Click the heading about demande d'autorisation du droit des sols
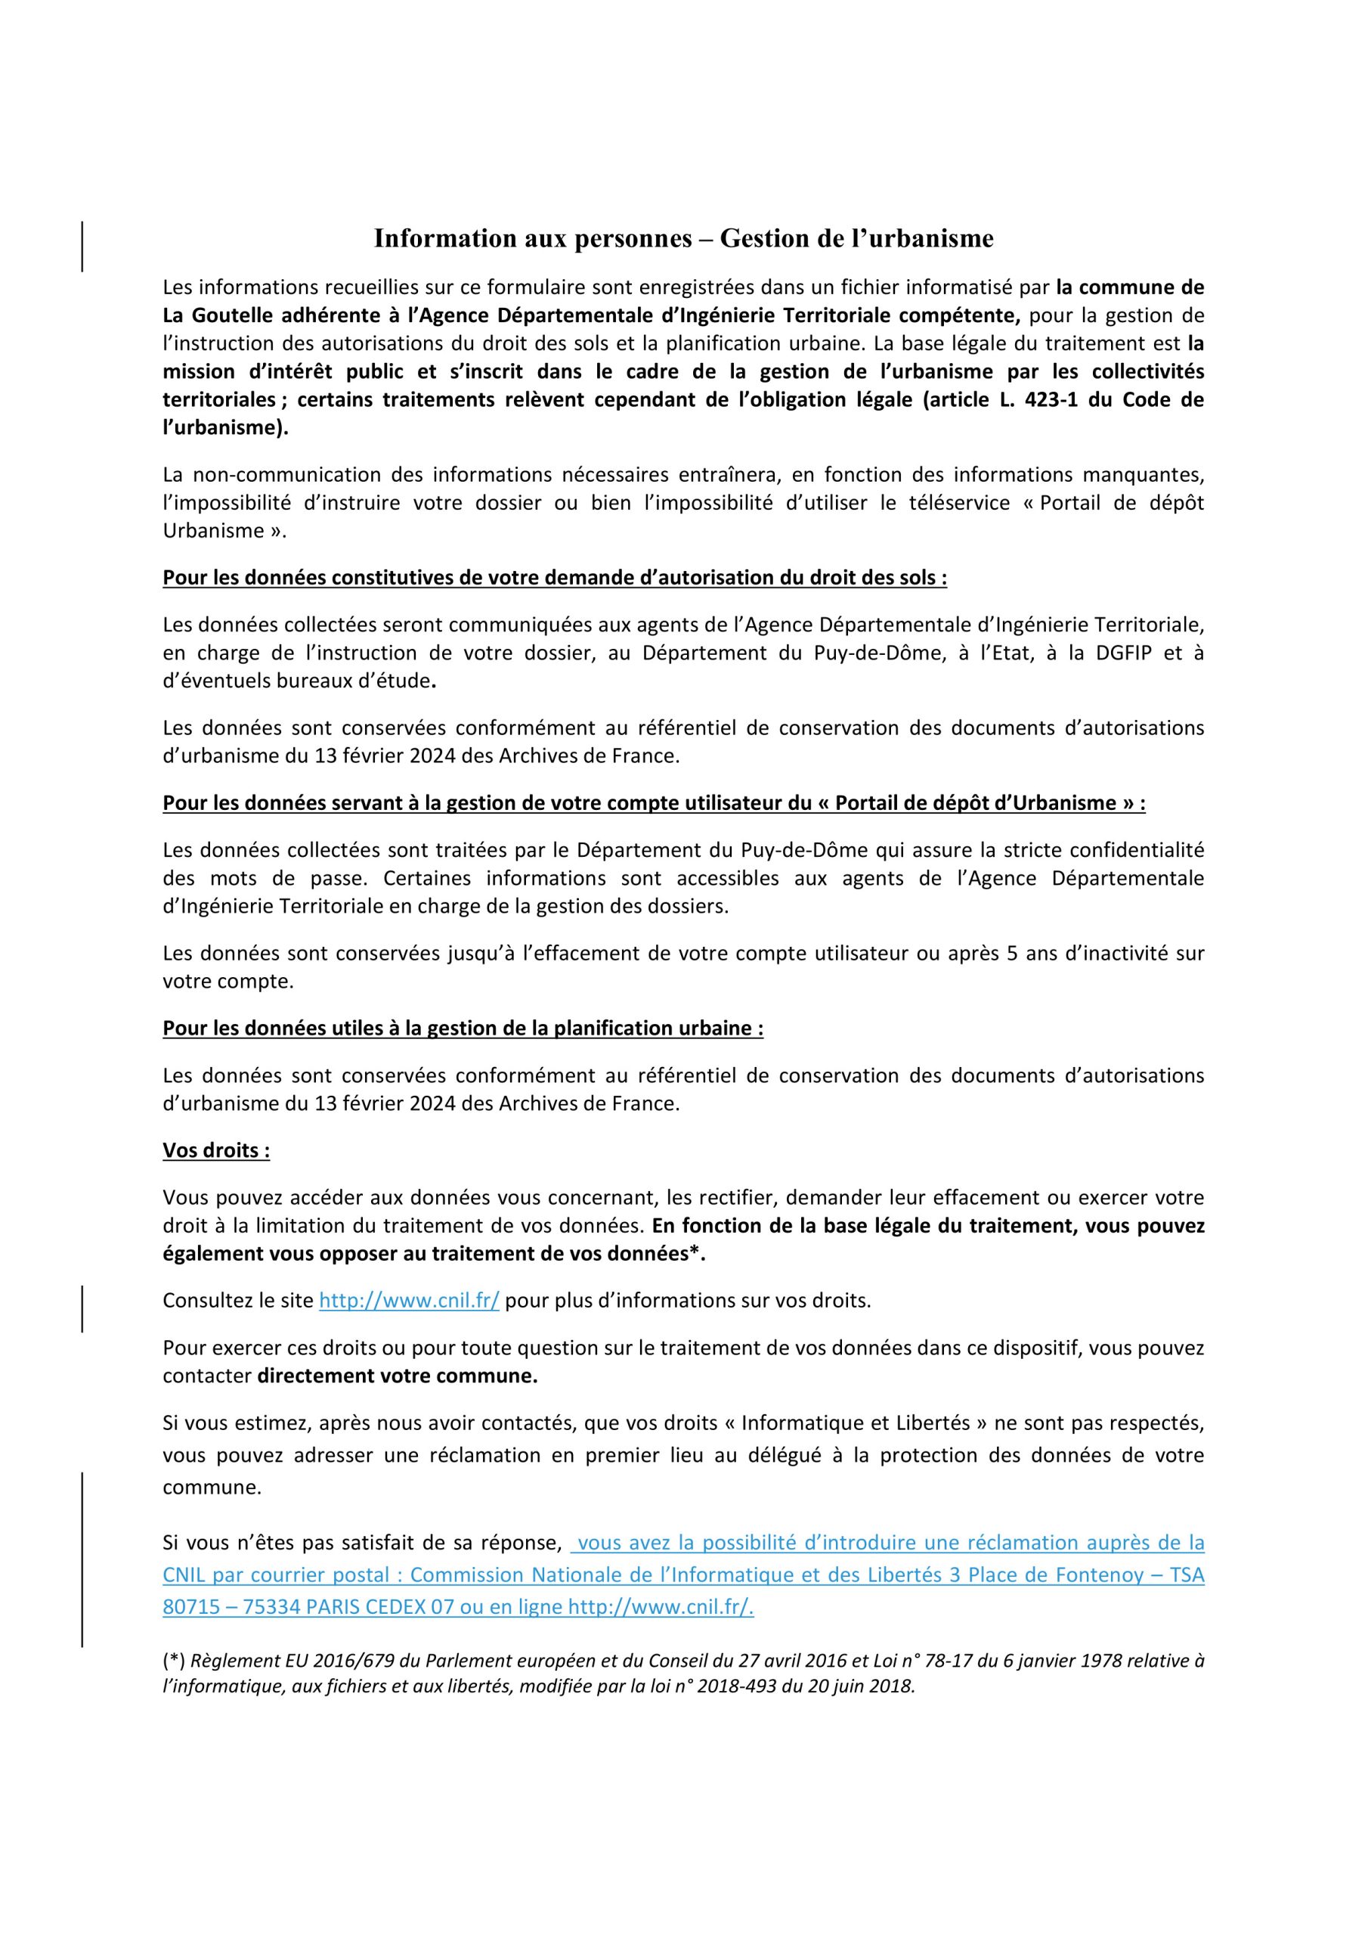click(555, 578)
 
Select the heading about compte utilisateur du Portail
click(653, 802)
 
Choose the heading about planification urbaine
click(463, 1028)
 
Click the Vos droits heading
click(215, 1151)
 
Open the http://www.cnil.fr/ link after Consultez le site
click(409, 1300)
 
